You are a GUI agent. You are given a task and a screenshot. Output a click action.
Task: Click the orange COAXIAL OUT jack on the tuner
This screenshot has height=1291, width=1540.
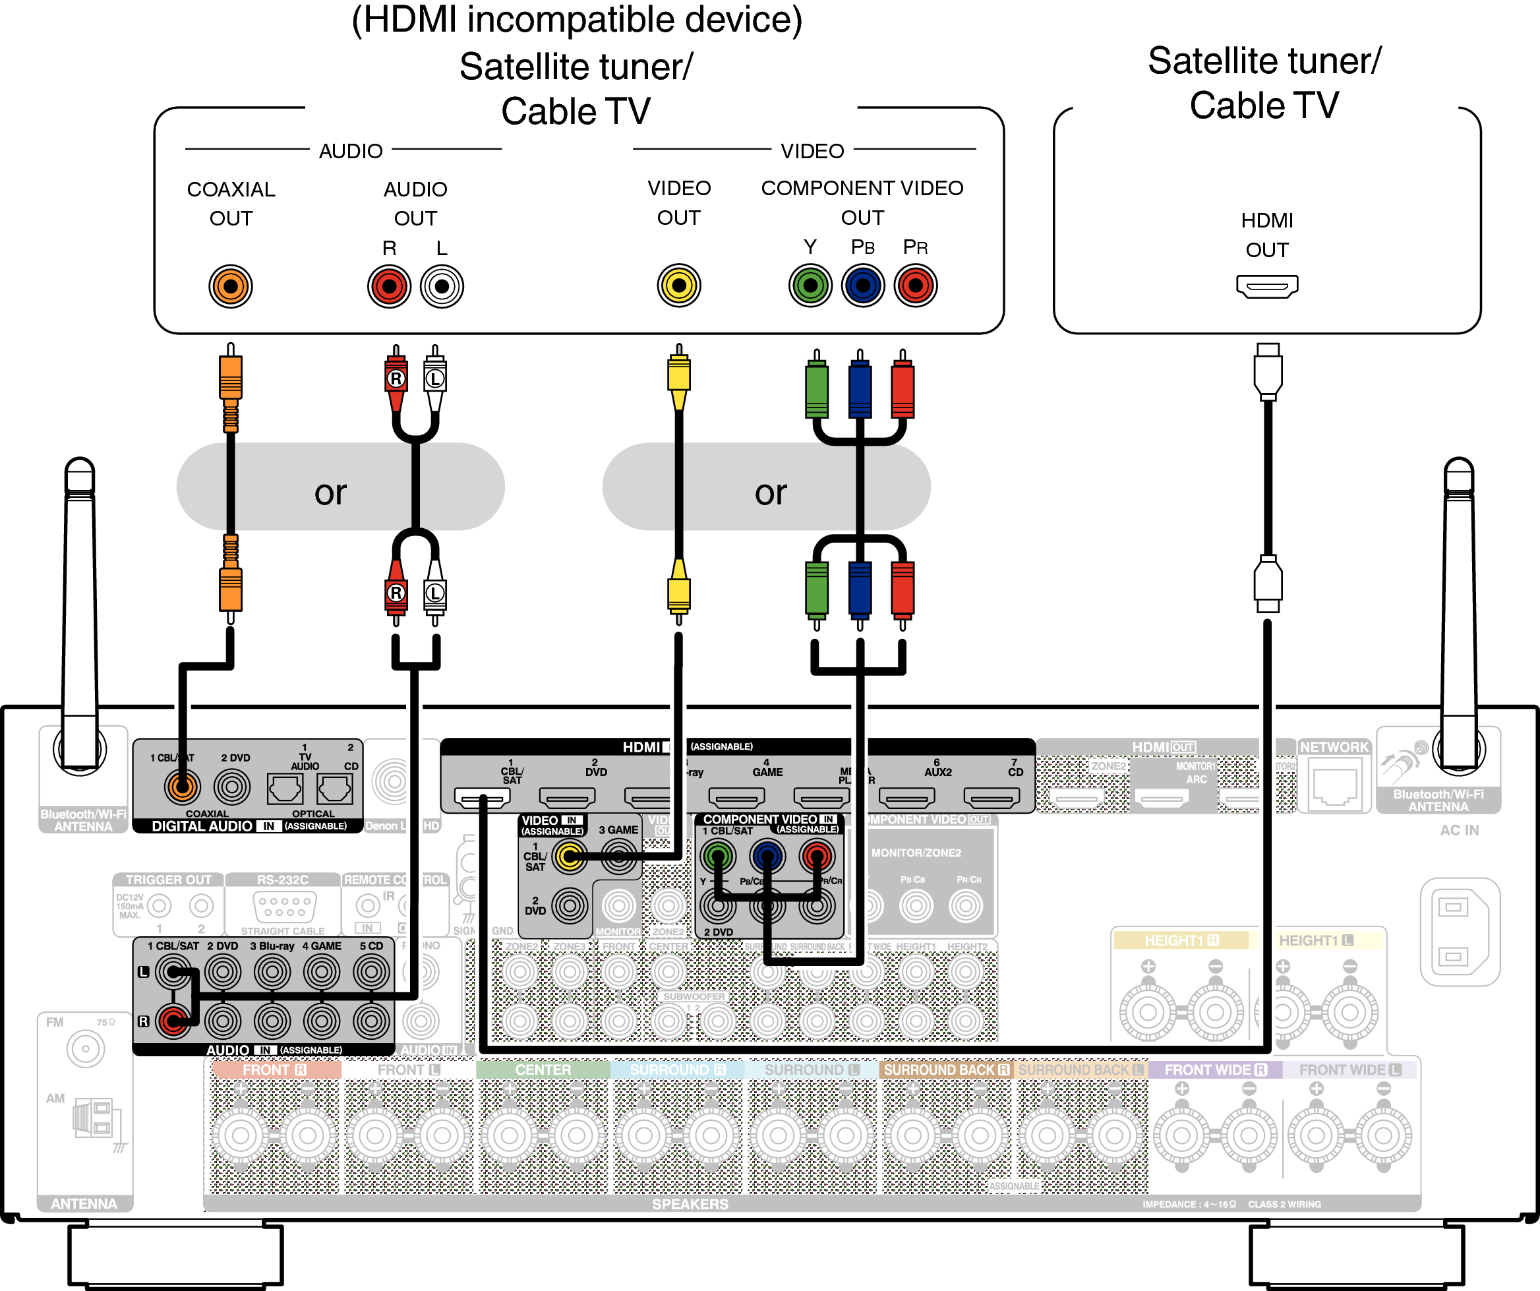[230, 286]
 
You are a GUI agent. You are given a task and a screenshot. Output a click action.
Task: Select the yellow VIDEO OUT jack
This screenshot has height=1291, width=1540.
[678, 285]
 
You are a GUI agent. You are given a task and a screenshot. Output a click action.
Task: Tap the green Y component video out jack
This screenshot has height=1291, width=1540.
[810, 285]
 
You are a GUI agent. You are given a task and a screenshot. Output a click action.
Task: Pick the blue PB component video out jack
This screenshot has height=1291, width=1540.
[862, 285]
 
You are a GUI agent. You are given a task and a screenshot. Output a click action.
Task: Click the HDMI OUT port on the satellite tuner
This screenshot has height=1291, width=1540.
[1266, 286]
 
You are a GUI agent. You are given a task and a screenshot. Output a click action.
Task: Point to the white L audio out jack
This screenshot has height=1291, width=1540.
[442, 286]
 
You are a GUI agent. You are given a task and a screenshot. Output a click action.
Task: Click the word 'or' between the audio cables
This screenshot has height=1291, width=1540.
[330, 492]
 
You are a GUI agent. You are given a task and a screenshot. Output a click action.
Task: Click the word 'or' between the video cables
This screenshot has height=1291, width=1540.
[770, 492]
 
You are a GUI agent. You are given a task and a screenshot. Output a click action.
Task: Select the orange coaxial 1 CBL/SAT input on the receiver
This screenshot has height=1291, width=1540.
[182, 787]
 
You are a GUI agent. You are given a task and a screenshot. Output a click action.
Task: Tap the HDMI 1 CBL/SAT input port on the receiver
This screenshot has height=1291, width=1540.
[482, 796]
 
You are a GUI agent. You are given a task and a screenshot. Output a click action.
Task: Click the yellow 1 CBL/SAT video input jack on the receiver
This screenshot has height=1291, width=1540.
[570, 855]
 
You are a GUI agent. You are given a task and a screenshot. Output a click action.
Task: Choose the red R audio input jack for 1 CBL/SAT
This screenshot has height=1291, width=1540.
[174, 1020]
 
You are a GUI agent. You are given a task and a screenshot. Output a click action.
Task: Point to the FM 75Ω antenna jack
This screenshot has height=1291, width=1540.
[85, 1049]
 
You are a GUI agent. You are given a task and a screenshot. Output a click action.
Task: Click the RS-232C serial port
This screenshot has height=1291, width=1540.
[283, 906]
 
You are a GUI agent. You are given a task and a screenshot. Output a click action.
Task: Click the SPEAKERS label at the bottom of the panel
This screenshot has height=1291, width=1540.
[690, 1204]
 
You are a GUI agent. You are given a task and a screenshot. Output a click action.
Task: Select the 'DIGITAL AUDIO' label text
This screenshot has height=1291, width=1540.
[202, 826]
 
